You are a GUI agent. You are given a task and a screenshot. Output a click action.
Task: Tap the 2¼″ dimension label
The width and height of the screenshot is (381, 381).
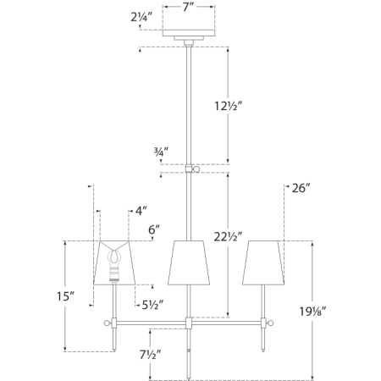pyautogui.click(x=141, y=17)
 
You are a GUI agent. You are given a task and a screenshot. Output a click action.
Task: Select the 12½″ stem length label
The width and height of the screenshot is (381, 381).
pyautogui.click(x=229, y=106)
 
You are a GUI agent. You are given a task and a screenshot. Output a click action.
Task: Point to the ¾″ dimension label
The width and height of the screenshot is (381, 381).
pyautogui.click(x=161, y=152)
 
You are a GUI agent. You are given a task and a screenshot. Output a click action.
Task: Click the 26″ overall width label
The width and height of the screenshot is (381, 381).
pyautogui.click(x=301, y=188)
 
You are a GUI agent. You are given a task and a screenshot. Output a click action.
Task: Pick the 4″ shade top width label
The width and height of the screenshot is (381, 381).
pyautogui.click(x=141, y=211)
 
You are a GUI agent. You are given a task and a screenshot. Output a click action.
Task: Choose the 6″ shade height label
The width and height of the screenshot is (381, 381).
pyautogui.click(x=154, y=229)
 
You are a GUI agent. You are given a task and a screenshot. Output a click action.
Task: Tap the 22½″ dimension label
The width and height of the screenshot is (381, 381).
pyautogui.click(x=228, y=237)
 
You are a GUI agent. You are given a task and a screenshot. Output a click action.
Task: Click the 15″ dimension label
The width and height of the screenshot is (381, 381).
pyautogui.click(x=65, y=296)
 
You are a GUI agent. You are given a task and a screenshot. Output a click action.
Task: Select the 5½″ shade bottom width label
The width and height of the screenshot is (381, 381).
pyautogui.click(x=152, y=305)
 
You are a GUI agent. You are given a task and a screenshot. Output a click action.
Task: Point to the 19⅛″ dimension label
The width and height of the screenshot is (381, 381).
pyautogui.click(x=312, y=312)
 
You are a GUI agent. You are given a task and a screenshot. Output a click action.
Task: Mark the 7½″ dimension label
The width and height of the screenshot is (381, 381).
pyautogui.click(x=151, y=355)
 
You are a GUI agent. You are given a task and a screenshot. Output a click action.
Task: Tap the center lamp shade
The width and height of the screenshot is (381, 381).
pyautogui.click(x=189, y=262)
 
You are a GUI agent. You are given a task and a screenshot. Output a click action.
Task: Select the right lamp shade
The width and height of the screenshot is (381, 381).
pyautogui.click(x=263, y=262)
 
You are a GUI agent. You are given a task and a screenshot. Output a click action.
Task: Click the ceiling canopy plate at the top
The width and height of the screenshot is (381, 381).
pyautogui.click(x=189, y=33)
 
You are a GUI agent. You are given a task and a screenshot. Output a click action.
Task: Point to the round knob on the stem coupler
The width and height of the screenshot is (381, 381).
pyautogui.click(x=196, y=169)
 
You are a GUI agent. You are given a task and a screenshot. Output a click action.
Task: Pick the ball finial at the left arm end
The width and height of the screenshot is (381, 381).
pyautogui.click(x=108, y=323)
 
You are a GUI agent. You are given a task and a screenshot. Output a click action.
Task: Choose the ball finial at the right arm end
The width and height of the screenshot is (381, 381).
pyautogui.click(x=270, y=323)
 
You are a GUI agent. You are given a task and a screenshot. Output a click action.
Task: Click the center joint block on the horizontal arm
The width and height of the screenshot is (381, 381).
pyautogui.click(x=189, y=323)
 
